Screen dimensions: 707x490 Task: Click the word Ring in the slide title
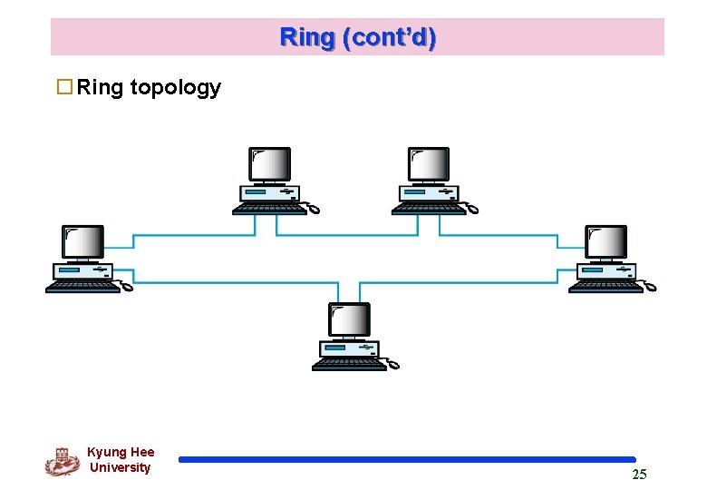[x=306, y=38]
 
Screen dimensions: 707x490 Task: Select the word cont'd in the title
[x=389, y=38]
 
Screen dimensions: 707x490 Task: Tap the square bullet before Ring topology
[x=64, y=86]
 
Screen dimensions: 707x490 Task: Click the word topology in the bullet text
[x=176, y=88]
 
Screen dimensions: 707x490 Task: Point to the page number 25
[x=639, y=475]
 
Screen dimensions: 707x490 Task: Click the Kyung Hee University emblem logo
[x=63, y=462]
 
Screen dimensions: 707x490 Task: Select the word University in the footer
[x=120, y=467]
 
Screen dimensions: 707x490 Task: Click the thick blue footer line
[x=407, y=460]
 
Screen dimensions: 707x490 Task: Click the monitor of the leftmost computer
[x=83, y=242]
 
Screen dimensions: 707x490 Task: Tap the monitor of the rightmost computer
[x=606, y=242]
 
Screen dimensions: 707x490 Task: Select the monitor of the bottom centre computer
[x=350, y=319]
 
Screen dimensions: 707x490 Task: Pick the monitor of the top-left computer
[x=269, y=164]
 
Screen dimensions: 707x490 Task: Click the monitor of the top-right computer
[x=429, y=164]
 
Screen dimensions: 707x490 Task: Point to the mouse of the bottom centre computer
[x=393, y=364]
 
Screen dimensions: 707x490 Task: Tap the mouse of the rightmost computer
[x=650, y=286]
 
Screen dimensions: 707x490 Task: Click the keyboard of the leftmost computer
[x=83, y=287]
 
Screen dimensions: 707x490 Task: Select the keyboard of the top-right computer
[x=429, y=209]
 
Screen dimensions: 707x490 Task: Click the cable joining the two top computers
[x=347, y=235]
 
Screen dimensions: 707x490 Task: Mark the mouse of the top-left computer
[x=314, y=209]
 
